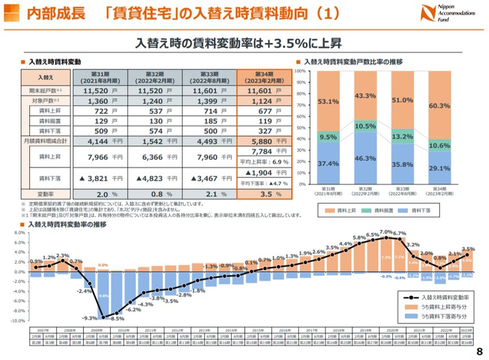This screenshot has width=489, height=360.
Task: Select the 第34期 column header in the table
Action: click(x=264, y=77)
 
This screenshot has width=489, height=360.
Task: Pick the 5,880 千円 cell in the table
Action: click(x=264, y=141)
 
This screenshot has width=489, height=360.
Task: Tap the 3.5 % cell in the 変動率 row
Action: click(x=264, y=193)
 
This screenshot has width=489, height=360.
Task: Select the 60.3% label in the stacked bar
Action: click(x=440, y=106)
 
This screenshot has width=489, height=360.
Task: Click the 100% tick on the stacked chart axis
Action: click(x=300, y=71)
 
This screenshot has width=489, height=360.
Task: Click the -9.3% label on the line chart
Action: click(x=90, y=318)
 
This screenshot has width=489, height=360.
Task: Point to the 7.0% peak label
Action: click(x=386, y=232)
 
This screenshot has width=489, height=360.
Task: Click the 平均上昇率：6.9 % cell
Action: click(x=264, y=162)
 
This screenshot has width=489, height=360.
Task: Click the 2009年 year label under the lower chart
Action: click(x=96, y=329)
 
